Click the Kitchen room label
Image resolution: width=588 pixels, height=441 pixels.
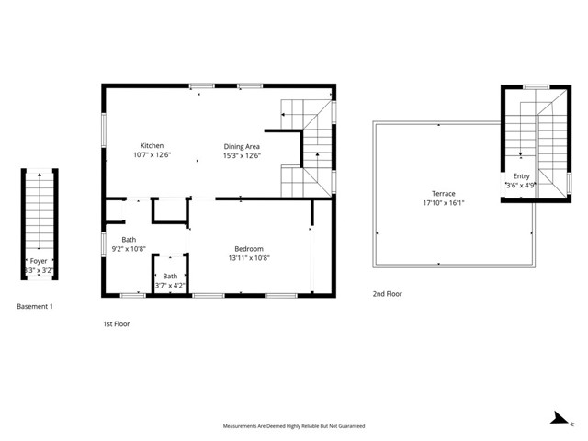[152, 146]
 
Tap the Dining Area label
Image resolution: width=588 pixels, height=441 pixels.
[243, 146]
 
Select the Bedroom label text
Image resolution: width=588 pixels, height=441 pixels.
[249, 249]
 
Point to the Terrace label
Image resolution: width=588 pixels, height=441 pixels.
[444, 194]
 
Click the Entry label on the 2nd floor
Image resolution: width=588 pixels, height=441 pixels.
[521, 176]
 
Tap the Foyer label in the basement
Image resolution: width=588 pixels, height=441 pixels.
[38, 261]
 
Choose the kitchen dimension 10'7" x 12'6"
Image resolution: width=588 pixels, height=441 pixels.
[152, 155]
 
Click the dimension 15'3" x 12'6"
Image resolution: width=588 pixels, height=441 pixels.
[243, 155]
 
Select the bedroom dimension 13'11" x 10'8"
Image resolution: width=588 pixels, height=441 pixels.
[249, 258]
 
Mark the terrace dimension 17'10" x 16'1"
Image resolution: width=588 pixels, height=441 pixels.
[444, 203]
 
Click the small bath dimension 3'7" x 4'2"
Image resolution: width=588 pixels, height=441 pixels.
[171, 286]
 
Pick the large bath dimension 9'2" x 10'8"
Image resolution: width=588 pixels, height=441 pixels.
[129, 249]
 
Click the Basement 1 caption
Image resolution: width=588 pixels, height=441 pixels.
[35, 306]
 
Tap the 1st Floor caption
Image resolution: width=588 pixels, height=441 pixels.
[116, 324]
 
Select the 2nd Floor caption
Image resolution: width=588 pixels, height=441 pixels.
[387, 294]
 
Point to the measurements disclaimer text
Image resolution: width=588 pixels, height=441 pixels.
[294, 426]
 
